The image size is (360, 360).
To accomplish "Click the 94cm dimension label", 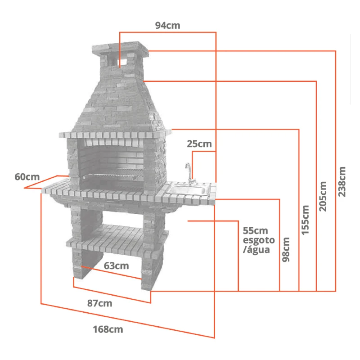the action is [167, 26].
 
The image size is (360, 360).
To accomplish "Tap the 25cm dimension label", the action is [199, 144].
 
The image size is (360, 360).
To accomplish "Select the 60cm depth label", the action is [27, 177].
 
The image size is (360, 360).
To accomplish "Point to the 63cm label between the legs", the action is [116, 265].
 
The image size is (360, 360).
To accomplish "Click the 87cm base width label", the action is [99, 303].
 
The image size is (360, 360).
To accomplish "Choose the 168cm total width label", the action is [108, 329].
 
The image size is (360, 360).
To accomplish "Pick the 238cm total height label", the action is [342, 182].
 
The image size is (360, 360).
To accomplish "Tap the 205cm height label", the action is [323, 196].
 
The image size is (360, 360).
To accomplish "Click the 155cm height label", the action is [306, 220].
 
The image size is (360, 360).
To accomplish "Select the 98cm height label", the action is [286, 250].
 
